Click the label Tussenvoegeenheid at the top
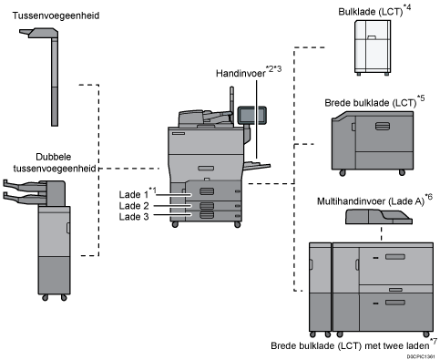pyautogui.click(x=56, y=15)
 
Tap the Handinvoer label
pyautogui.click(x=240, y=74)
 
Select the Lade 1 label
pyautogui.click(x=134, y=194)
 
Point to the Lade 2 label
pyautogui.click(x=134, y=206)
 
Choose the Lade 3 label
pyautogui.click(x=134, y=217)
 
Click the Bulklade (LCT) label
pyautogui.click(x=371, y=12)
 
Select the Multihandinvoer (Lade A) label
pyautogui.click(x=371, y=201)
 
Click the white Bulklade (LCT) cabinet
pyautogui.click(x=373, y=47)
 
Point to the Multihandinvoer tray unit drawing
pyautogui.click(x=379, y=216)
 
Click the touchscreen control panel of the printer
pyautogui.click(x=251, y=116)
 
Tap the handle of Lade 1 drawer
pyautogui.click(x=207, y=191)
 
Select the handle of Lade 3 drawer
pyautogui.click(x=207, y=215)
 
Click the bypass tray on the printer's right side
pyautogui.click(x=258, y=166)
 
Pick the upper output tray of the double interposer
pyautogui.click(x=21, y=184)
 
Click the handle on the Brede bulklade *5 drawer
pyautogui.click(x=383, y=126)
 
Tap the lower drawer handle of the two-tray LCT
pyautogui.click(x=395, y=303)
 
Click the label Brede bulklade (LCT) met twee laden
pyautogui.click(x=350, y=345)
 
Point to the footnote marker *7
pyautogui.click(x=434, y=341)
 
